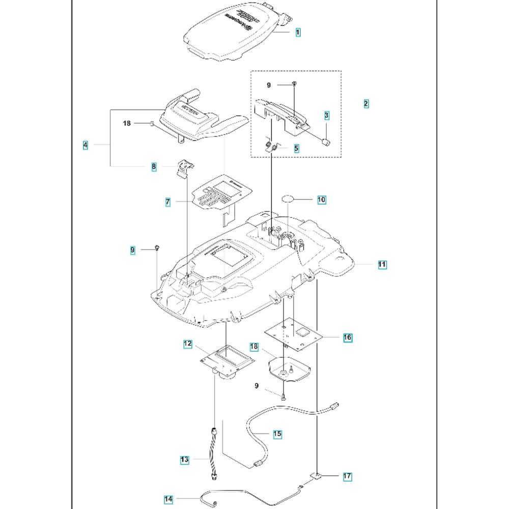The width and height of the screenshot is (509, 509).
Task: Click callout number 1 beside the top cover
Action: pyautogui.click(x=298, y=32)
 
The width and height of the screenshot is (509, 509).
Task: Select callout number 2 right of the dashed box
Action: pyautogui.click(x=366, y=103)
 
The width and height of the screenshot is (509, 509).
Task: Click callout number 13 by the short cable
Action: pyautogui.click(x=184, y=460)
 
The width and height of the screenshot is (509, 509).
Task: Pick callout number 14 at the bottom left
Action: pyautogui.click(x=168, y=499)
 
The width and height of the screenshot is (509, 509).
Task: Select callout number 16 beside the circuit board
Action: pyautogui.click(x=348, y=337)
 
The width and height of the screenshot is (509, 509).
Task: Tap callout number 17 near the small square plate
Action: pyautogui.click(x=347, y=477)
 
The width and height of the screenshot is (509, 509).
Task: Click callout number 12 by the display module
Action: pyautogui.click(x=188, y=344)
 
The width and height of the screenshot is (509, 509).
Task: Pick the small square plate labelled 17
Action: pyautogui.click(x=316, y=476)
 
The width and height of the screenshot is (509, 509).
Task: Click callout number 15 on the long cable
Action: pyautogui.click(x=277, y=434)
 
